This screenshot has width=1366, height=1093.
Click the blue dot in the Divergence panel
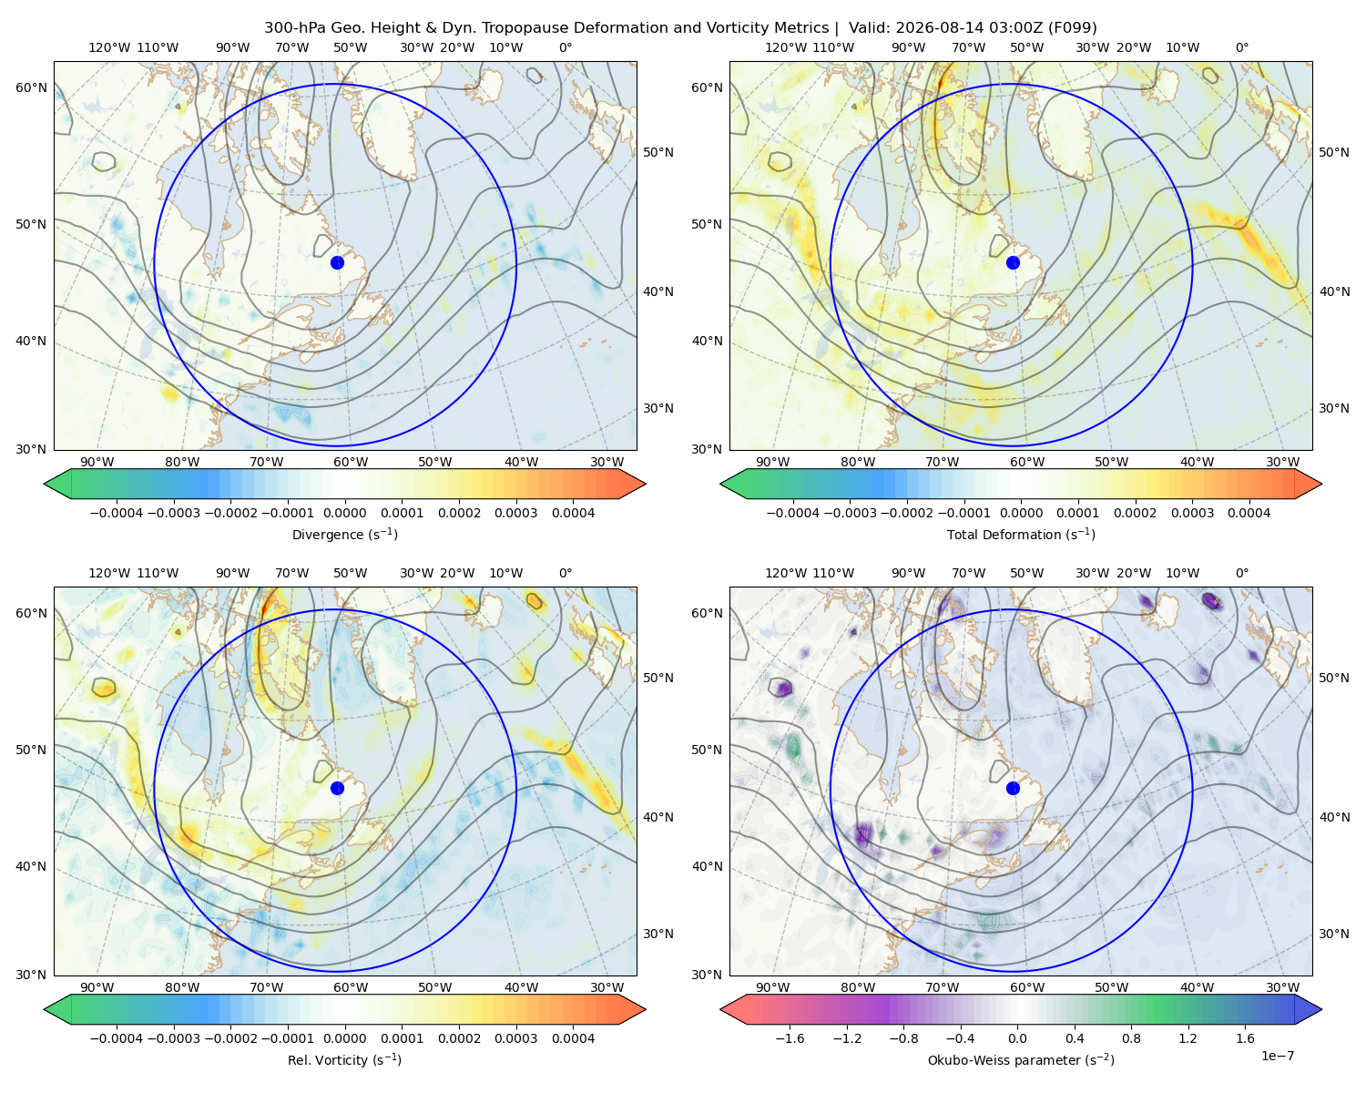[337, 262]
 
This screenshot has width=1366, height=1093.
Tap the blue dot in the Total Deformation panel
[1013, 262]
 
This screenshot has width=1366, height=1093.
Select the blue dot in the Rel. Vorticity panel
[337, 788]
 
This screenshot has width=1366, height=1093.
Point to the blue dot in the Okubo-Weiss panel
[1013, 788]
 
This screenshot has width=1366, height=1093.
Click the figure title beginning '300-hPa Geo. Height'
[680, 28]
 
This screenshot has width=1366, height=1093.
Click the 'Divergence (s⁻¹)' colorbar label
[344, 534]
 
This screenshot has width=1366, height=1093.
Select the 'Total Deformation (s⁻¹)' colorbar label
[1021, 534]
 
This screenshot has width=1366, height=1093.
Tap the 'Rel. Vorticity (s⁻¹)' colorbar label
[344, 1060]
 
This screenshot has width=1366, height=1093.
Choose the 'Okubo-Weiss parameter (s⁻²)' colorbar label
[1021, 1060]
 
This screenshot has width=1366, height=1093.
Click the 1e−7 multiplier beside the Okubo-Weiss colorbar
[1277, 1056]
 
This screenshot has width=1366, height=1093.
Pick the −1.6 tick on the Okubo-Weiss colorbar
[790, 1038]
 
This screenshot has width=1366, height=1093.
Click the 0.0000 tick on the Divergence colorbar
[344, 513]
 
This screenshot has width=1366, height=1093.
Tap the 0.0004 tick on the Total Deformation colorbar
[1249, 513]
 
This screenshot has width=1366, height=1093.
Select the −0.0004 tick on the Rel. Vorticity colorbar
[117, 1038]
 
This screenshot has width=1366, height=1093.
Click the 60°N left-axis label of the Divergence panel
[31, 87]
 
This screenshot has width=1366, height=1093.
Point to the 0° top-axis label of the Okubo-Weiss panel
[1241, 573]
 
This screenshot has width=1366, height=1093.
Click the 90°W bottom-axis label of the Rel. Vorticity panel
[97, 987]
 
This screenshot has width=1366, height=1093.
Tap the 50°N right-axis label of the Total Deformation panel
[1334, 152]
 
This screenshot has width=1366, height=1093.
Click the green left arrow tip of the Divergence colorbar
[45, 484]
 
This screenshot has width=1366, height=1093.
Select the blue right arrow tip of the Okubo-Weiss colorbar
[1321, 1009]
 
